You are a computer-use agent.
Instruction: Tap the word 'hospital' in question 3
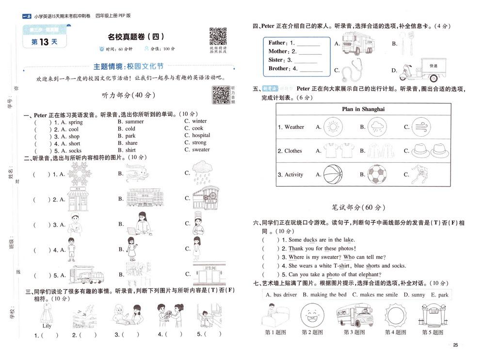click(201, 136)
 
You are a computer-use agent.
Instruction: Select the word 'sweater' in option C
click(201, 150)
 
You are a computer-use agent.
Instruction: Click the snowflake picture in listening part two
click(80, 173)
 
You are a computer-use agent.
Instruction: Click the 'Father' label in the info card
click(277, 43)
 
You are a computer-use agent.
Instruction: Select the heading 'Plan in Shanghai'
click(363, 109)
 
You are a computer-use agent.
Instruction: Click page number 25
click(455, 345)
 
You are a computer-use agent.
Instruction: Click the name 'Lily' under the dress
click(47, 326)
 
